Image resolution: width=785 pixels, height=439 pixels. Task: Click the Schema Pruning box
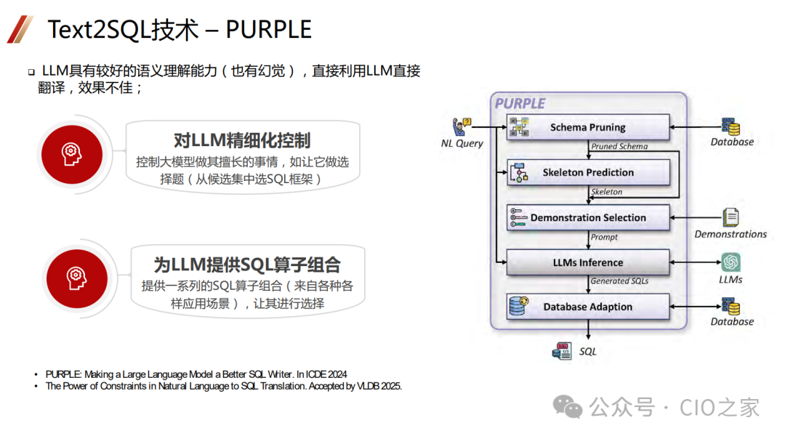tap(587, 127)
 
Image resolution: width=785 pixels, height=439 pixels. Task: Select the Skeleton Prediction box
tap(587, 172)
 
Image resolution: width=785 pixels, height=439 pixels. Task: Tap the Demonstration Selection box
tap(587, 217)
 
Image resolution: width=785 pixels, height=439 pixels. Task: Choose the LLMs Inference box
tap(587, 262)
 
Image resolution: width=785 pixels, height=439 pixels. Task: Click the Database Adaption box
tap(587, 307)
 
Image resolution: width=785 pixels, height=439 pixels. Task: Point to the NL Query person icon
tap(462, 126)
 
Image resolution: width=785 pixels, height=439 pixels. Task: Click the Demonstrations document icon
tap(730, 217)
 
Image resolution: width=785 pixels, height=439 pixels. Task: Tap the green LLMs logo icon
tap(730, 262)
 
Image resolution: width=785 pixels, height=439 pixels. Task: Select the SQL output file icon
tap(563, 351)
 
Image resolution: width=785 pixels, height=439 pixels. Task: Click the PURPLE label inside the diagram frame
tap(520, 103)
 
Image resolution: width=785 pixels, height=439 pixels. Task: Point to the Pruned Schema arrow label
tap(619, 146)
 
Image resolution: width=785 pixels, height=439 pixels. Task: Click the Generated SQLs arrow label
tap(619, 281)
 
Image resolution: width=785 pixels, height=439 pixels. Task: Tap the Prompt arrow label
tap(604, 237)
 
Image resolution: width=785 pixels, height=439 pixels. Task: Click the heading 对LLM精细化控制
tap(243, 140)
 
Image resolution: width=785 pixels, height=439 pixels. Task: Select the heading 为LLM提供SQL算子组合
tap(247, 264)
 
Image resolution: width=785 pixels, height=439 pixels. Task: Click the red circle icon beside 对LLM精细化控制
tap(71, 150)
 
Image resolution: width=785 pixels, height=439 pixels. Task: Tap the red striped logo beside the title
tap(20, 29)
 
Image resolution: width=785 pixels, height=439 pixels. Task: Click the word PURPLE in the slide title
tap(268, 29)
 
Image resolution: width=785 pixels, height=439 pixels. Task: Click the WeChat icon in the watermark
tap(568, 407)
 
